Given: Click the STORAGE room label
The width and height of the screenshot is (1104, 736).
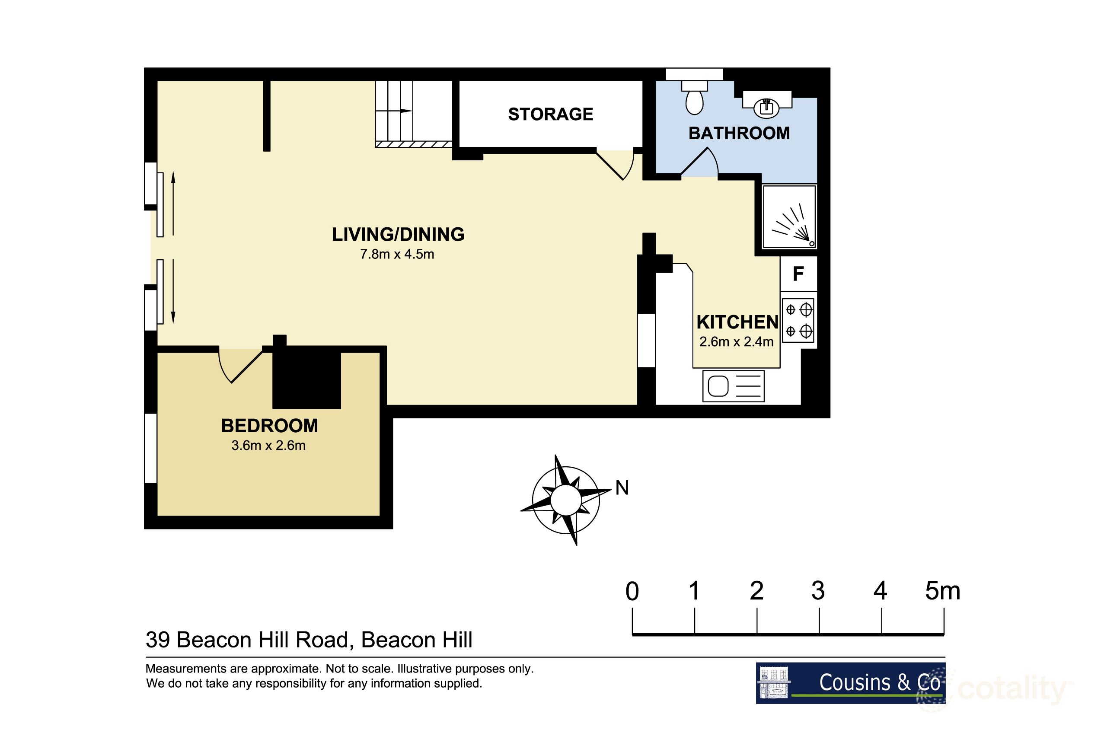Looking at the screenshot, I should point(550,114).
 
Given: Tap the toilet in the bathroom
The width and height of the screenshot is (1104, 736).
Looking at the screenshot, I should point(694,99).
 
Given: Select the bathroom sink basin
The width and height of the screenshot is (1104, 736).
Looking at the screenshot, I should point(766,108).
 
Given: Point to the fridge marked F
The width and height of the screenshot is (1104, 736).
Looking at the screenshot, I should point(798,274).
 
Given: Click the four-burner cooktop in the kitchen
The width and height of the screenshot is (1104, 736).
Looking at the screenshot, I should point(798,321).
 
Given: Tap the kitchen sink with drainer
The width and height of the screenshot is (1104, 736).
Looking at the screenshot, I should point(733,386).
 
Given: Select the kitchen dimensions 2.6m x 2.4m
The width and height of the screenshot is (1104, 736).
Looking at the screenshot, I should point(736,342).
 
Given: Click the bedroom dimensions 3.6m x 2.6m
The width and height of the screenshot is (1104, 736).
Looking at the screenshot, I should point(268,446).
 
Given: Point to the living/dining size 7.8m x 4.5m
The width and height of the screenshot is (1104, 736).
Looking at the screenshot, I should point(397,255).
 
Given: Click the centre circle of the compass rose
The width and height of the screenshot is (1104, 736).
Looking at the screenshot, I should point(565,500).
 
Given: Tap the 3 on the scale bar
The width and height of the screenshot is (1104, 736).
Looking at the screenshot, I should point(818,591).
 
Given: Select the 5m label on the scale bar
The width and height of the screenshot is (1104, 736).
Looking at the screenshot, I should point(942,591).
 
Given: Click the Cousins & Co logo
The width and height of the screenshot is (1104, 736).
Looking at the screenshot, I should point(850,683).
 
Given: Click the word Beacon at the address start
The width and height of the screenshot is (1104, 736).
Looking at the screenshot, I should point(212,640).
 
